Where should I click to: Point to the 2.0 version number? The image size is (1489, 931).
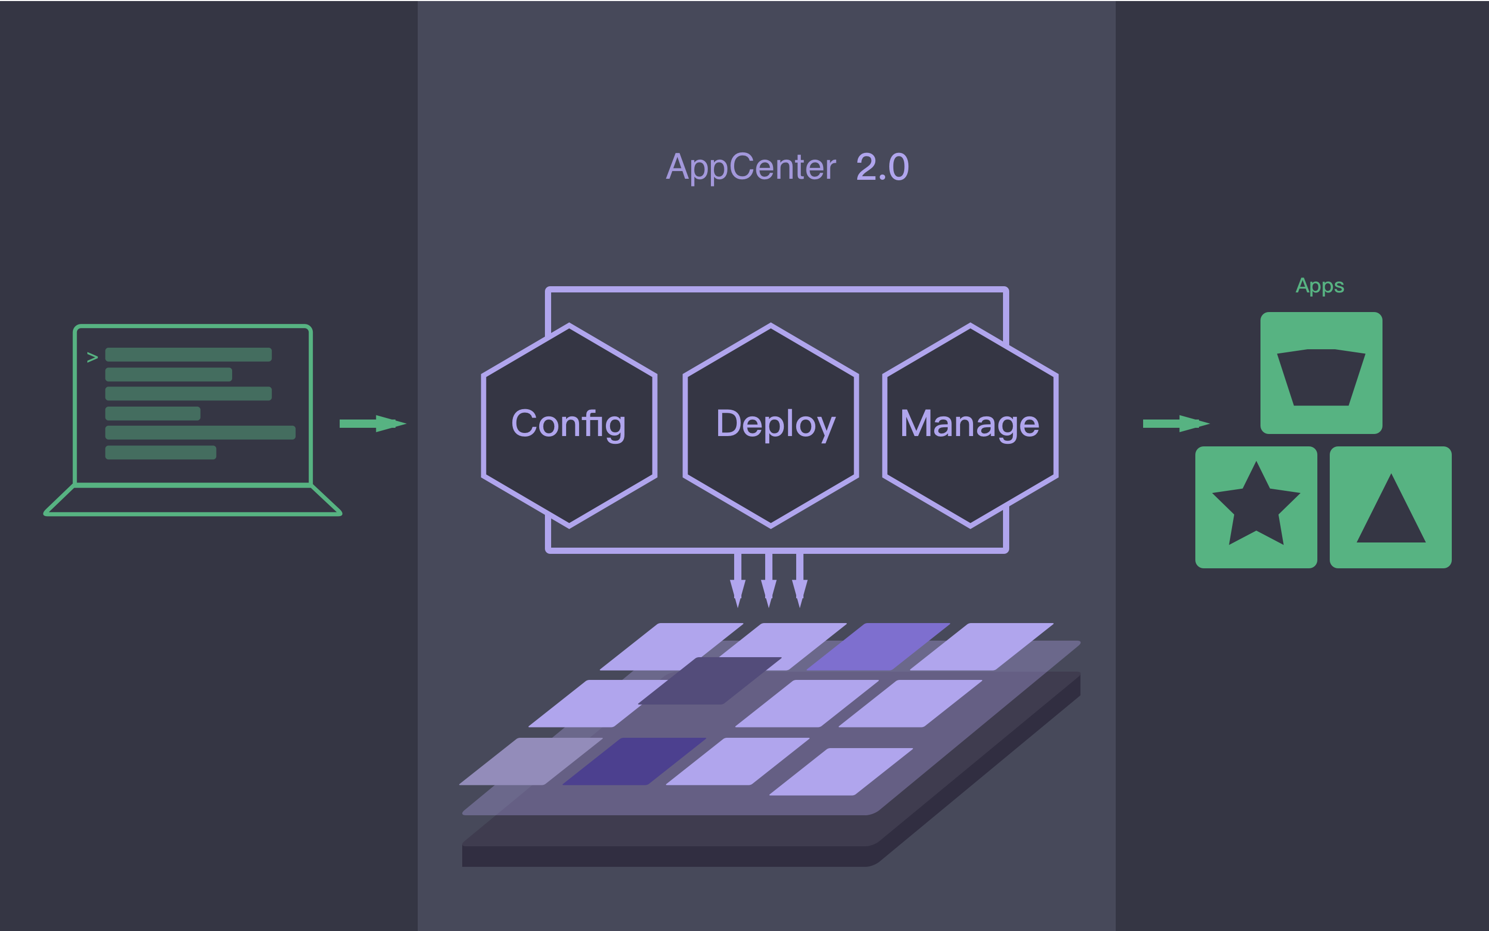(882, 167)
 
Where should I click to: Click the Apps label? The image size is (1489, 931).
(1319, 286)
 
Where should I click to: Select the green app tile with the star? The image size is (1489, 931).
(1255, 507)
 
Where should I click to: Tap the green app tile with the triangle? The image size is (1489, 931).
(1390, 507)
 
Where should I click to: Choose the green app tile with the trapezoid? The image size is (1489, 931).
(1321, 373)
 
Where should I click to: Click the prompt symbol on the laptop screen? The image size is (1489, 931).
(93, 357)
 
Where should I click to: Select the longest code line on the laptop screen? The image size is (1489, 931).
(200, 432)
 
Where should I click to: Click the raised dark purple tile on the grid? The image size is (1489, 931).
(710, 680)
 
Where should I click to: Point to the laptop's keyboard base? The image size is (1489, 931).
(192, 500)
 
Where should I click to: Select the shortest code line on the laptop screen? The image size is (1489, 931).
(153, 413)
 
